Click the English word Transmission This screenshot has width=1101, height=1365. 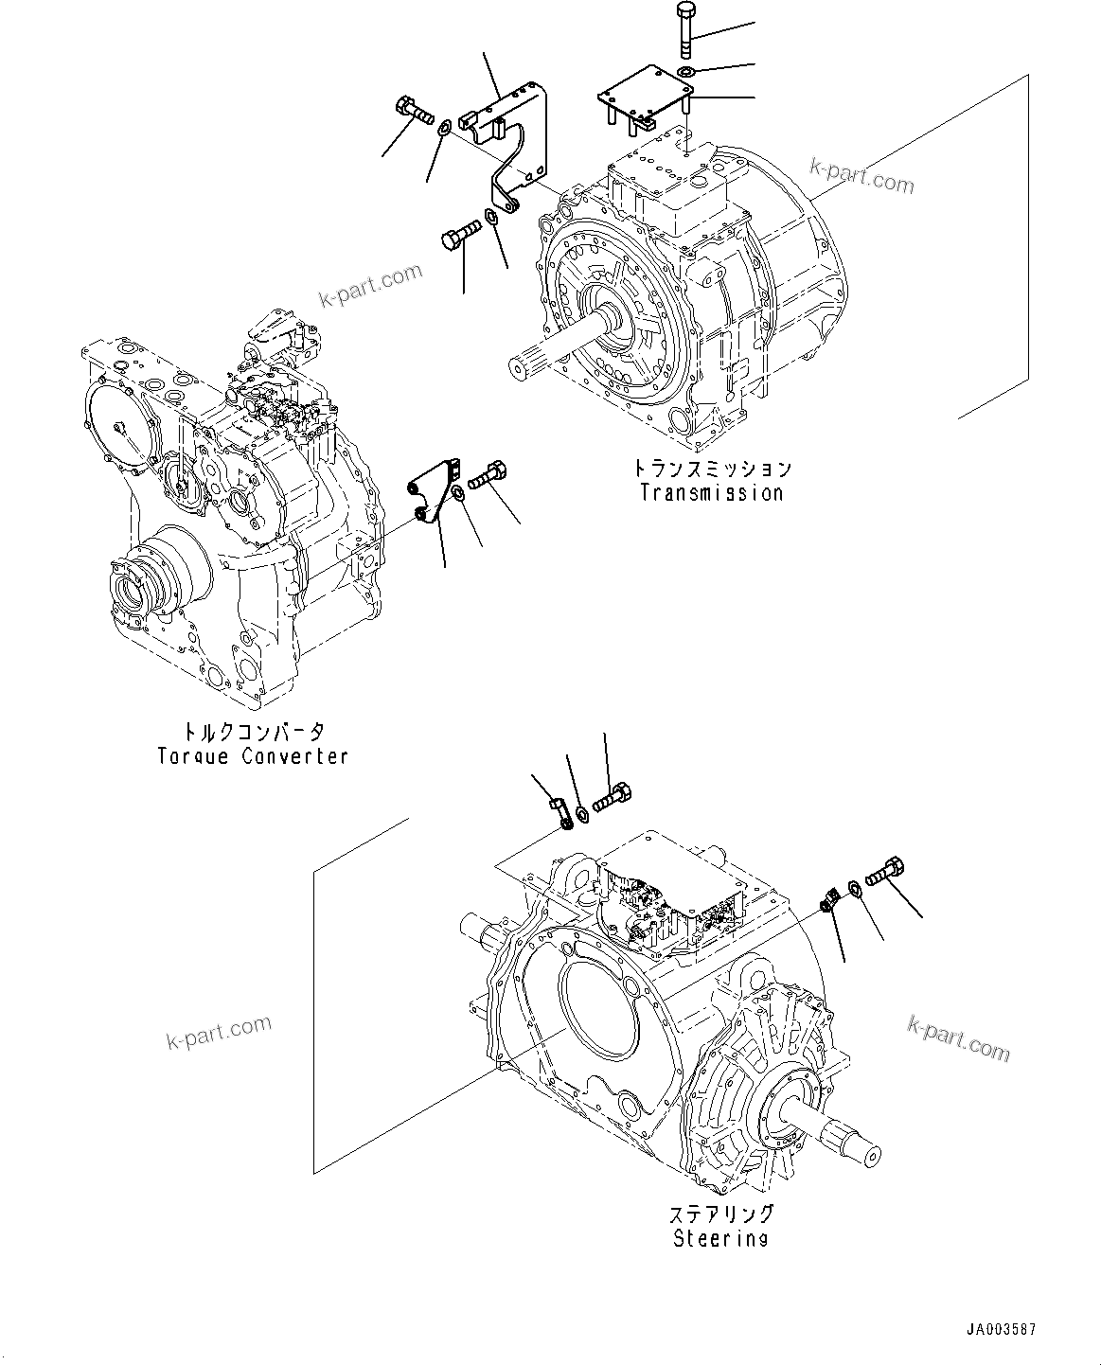tap(711, 492)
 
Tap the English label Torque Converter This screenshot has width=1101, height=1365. tap(253, 756)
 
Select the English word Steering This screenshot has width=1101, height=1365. tap(720, 1238)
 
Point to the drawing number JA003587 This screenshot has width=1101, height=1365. tap(1002, 1330)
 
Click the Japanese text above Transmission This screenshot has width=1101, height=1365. tap(711, 469)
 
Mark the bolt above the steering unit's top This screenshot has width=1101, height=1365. tap(613, 797)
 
